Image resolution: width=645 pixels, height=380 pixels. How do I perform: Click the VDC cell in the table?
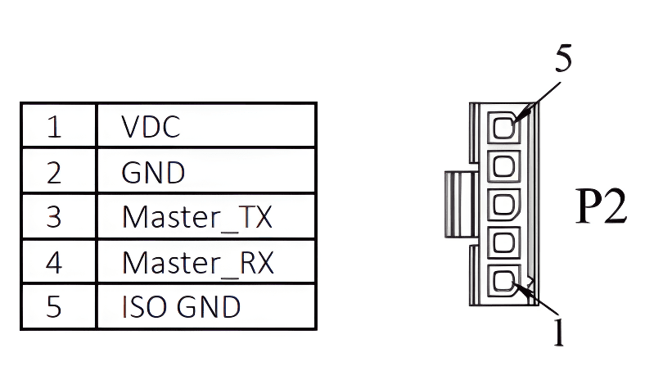coord(151,127)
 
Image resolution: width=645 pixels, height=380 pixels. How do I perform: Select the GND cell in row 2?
coord(153,173)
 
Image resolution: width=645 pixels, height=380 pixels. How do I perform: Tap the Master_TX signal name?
coord(196,218)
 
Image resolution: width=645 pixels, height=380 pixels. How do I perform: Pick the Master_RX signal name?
coord(197,263)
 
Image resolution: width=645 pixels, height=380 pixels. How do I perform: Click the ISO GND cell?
coord(181,306)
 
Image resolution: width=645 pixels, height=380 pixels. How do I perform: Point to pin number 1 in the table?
coord(54,127)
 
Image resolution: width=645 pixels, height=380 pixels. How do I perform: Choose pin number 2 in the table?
coord(54,173)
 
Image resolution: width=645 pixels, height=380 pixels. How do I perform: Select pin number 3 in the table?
coord(54,218)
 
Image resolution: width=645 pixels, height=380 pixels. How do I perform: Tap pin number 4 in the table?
coord(54,263)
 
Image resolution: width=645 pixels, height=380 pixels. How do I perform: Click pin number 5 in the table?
coord(54,306)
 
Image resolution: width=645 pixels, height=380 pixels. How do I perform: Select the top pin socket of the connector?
coord(503,128)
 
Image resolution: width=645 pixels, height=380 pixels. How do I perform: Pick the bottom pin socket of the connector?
coord(503,283)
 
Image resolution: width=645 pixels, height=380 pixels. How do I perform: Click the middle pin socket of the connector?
coord(503,205)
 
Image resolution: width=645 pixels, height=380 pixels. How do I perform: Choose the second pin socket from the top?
coord(503,166)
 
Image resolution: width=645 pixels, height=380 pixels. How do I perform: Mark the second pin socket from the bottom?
coord(503,244)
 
